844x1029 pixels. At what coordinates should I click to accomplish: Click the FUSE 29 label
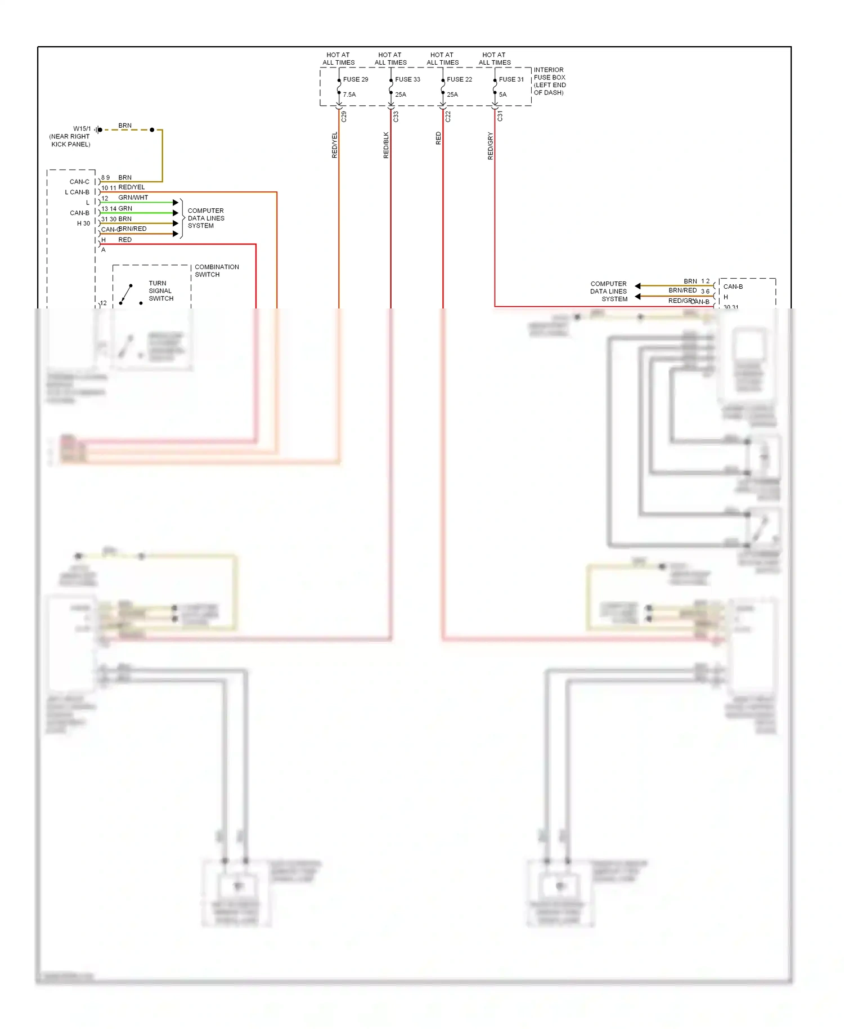[356, 79]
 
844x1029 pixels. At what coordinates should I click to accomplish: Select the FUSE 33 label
[407, 79]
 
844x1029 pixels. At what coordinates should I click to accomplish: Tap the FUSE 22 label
[459, 79]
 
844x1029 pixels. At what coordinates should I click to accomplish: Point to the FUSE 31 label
[511, 79]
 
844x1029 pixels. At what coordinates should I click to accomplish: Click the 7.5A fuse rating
[349, 95]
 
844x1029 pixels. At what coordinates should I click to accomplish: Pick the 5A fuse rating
[502, 95]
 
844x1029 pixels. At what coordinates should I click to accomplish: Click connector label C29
[344, 117]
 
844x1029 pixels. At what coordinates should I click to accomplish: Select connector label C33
[396, 117]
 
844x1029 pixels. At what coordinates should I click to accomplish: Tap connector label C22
[448, 117]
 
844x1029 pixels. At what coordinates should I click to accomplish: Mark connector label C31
[500, 117]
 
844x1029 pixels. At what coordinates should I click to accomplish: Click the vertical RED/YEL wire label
[334, 145]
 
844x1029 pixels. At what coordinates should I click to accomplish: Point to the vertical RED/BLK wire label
[386, 145]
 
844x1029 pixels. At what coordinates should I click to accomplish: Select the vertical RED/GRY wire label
[490, 146]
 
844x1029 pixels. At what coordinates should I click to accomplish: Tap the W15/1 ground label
[82, 129]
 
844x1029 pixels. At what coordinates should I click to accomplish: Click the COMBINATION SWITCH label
[216, 271]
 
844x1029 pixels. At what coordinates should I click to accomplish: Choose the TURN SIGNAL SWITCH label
[160, 291]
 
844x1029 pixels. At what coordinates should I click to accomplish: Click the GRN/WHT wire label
[133, 198]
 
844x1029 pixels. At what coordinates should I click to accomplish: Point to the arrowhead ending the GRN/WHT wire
[176, 202]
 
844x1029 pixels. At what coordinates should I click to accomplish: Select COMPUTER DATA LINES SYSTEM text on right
[608, 292]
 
